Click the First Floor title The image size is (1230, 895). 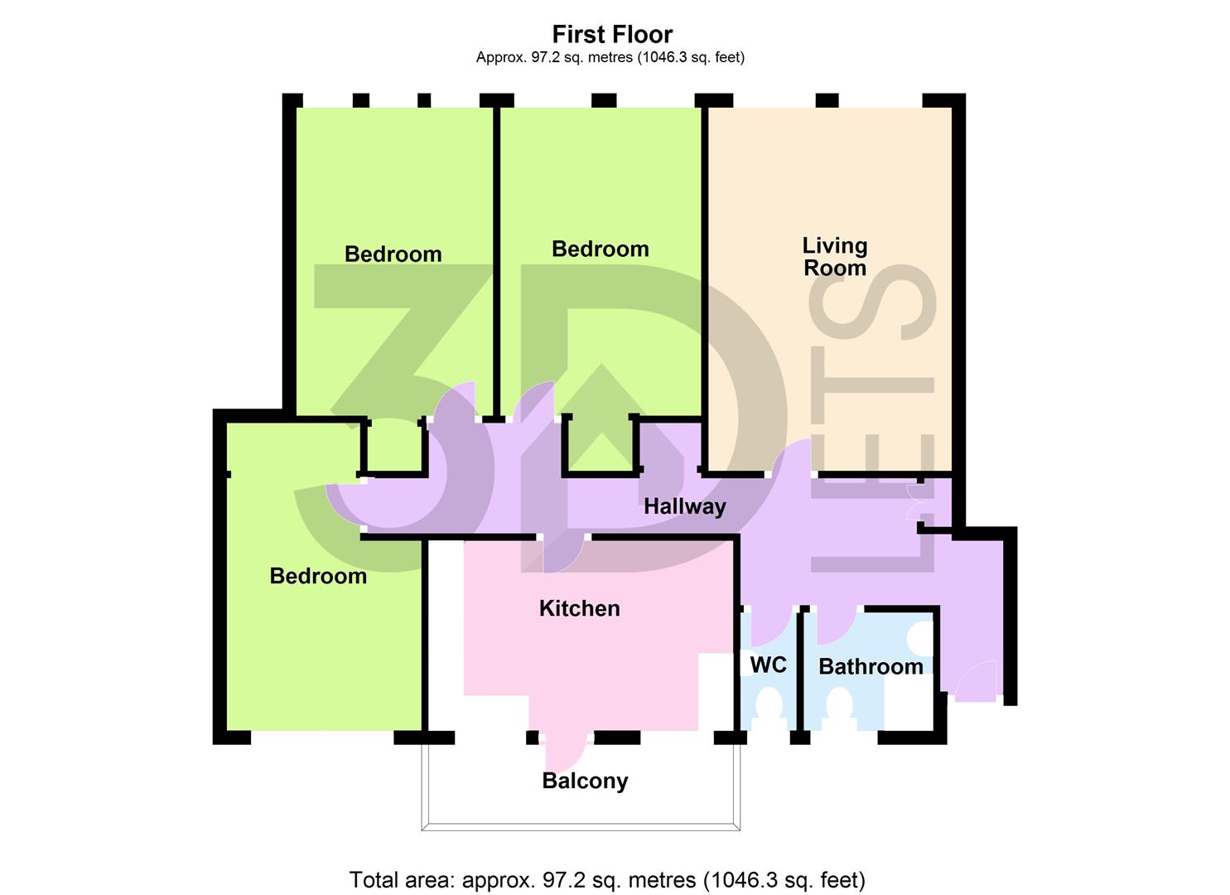click(x=612, y=34)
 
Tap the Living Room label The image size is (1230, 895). click(x=834, y=257)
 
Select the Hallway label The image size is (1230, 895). click(x=684, y=506)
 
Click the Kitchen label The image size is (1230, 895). click(x=579, y=608)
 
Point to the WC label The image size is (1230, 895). click(x=768, y=665)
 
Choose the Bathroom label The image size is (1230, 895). click(x=870, y=666)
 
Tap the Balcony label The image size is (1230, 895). click(x=585, y=781)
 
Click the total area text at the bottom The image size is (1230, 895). click(x=607, y=879)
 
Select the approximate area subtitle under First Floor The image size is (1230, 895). click(x=610, y=57)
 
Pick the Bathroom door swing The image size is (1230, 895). click(x=834, y=626)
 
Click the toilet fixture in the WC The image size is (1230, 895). click(x=769, y=713)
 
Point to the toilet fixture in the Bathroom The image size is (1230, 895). click(x=839, y=713)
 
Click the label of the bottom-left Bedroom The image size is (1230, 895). click(x=318, y=576)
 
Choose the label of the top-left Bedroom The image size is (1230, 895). click(x=393, y=254)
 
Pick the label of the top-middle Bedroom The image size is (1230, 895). click(x=600, y=249)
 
